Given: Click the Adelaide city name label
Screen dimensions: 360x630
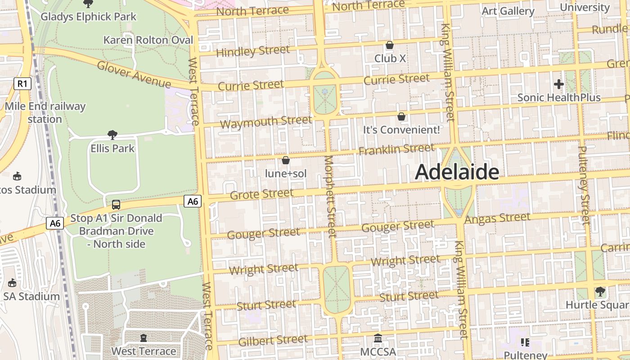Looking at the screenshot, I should coord(457,172).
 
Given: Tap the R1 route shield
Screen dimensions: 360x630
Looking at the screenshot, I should coord(22,83).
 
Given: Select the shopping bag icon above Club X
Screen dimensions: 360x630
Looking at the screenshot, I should coord(390,45).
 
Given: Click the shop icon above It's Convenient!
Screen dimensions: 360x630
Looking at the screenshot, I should coord(401,117).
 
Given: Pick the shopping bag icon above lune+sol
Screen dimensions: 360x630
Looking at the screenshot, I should coord(285,160).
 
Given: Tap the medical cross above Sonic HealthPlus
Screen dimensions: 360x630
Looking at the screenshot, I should coord(558,84).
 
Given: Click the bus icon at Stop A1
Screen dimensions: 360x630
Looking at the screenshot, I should coord(116,205).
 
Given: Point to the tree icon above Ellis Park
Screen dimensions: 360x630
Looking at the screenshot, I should coord(112,135).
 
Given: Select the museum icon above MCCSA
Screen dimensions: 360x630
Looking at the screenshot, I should coord(378,338).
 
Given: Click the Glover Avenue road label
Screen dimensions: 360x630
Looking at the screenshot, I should coord(134,74).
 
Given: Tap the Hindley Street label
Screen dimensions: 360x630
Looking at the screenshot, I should coord(252,51).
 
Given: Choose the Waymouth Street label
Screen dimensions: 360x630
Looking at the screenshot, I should coord(266,121).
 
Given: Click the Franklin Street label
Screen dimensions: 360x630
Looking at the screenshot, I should coord(396,149).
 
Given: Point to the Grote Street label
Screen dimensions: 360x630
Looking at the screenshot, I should coord(261,194).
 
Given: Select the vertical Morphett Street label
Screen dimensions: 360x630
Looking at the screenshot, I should coord(330,196).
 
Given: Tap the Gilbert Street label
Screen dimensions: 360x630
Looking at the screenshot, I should coord(273,341).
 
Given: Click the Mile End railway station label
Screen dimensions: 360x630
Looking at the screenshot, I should coord(45,112).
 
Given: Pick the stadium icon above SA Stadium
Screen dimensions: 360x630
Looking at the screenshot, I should coord(12,283).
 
